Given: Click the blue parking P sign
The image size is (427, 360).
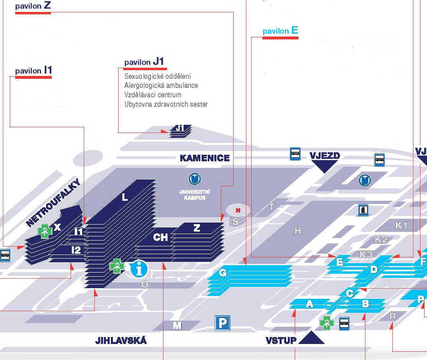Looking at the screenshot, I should [x=222, y=323].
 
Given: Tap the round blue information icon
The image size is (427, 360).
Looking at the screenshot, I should [x=139, y=268].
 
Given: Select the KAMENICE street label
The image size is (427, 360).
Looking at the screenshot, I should [x=204, y=158].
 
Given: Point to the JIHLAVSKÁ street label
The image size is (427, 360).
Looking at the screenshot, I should [x=121, y=341].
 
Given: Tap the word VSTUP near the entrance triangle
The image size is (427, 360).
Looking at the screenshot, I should [x=281, y=340].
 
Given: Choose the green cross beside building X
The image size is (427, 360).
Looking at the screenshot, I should [x=45, y=231].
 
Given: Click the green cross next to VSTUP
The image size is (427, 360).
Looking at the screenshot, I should [x=327, y=323].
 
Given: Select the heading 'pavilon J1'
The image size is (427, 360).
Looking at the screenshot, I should [x=145, y=62].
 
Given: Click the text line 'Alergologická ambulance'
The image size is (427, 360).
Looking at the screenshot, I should [x=161, y=85].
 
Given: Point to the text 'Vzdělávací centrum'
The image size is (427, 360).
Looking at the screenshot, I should [x=153, y=95].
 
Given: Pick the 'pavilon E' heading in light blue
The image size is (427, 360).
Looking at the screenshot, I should [x=280, y=31].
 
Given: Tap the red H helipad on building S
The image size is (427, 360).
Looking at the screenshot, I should [x=237, y=211].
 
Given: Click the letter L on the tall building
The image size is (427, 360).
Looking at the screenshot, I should [x=125, y=197].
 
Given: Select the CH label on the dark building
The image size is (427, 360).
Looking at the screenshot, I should [x=161, y=237].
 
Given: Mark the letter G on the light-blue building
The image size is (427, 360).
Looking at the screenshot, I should [x=223, y=272].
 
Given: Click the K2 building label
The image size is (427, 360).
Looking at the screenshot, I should [x=381, y=239].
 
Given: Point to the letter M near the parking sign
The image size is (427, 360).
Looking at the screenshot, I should [x=177, y=326].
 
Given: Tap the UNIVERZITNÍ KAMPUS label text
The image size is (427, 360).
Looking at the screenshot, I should [x=195, y=195].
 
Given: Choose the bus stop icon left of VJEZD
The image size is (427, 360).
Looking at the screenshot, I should [x=295, y=154].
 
